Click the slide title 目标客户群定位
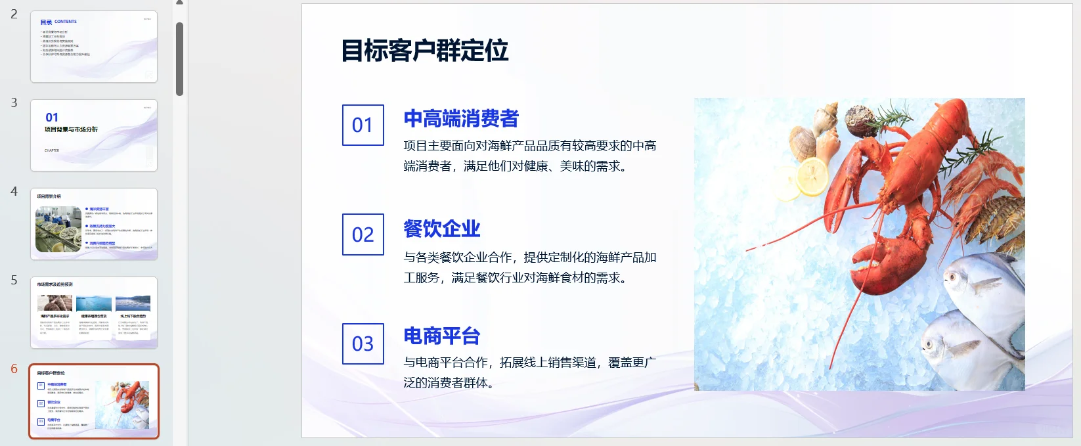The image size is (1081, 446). [x=425, y=51]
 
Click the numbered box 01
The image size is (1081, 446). [x=363, y=125]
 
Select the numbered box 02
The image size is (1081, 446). [x=363, y=234]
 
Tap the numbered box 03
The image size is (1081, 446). [x=363, y=344]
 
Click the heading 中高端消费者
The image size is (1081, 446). [x=461, y=119]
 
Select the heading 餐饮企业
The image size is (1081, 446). [x=441, y=229]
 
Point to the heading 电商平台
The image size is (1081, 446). [x=441, y=336]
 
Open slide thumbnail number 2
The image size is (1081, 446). [x=94, y=47]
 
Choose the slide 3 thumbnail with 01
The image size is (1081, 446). [x=94, y=135]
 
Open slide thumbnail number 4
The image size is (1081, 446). [x=94, y=224]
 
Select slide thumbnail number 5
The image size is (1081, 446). [x=94, y=313]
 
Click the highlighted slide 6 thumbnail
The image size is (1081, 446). [x=94, y=401]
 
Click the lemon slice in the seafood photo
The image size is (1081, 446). [x=812, y=177]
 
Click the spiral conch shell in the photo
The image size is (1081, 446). [x=826, y=118]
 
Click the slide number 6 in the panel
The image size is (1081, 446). [x=14, y=369]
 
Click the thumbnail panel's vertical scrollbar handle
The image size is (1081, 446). [x=179, y=59]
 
